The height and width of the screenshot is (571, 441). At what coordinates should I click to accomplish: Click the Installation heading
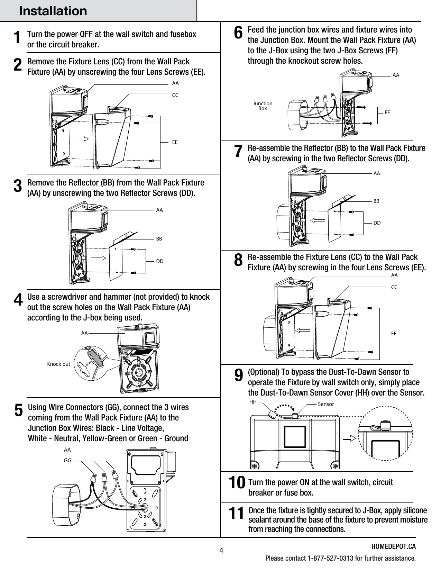coord(53,11)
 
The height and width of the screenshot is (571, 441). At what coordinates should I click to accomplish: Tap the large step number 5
coord(19,410)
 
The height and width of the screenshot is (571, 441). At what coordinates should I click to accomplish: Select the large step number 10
coord(237,482)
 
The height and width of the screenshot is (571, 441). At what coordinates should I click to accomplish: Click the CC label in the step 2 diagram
coord(175,95)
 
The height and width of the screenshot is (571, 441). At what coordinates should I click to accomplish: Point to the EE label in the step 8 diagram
coord(394,334)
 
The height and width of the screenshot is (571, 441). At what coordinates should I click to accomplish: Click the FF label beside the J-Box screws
coord(387,112)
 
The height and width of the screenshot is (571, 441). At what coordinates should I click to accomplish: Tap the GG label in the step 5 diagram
coord(67,461)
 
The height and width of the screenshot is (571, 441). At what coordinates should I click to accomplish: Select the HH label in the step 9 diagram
coord(253,402)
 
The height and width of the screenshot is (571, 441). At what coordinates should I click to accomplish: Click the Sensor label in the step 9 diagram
coord(326,404)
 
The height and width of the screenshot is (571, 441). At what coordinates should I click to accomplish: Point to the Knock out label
coord(58,364)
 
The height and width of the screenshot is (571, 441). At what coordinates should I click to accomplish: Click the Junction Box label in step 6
coord(263,106)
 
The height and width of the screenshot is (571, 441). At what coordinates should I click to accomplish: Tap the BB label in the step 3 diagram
coord(159,239)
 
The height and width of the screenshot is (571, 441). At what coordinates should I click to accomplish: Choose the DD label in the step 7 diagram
coord(377,223)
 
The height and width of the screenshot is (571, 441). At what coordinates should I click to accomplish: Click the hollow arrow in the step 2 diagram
coord(81,139)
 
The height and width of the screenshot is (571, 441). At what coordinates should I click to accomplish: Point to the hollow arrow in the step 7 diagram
coord(318,220)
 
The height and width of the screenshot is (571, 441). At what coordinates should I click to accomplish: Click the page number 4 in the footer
coord(221,550)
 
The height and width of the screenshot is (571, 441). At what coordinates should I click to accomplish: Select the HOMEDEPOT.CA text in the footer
coord(394,546)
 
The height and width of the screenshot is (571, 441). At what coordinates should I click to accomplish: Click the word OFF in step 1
coord(86,34)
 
